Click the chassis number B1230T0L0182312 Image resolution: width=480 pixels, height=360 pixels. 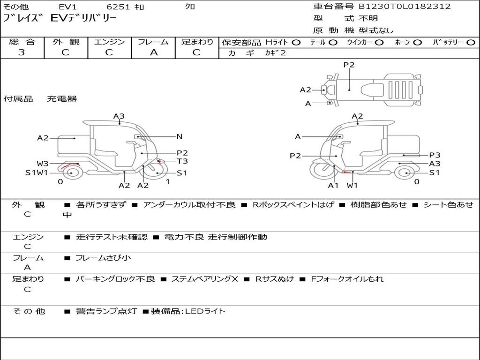coord(405,7)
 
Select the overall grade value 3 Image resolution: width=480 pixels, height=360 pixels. coord(22,52)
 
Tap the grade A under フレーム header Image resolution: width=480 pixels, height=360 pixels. coord(153,52)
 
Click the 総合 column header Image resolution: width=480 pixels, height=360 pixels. coord(22,42)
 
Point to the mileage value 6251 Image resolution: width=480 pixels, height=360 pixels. coord(119,7)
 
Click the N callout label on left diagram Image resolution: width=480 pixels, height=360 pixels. coord(179,137)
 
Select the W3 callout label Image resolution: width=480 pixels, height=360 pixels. coord(43,164)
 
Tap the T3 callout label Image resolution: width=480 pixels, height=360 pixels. coord(182,161)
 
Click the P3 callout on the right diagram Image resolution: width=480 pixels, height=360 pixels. coord(435,155)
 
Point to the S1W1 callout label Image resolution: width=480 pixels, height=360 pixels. coord(37,173)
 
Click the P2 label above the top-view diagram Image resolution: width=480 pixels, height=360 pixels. coord(349,65)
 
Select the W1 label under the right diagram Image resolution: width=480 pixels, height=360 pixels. coord(352,185)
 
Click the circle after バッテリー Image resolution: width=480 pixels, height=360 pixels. coord(471,42)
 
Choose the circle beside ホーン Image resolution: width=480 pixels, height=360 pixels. coord(417,42)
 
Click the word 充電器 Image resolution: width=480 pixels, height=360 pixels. coord(61,99)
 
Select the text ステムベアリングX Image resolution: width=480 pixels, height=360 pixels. coord(204,279)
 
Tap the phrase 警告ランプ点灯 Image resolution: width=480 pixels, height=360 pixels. coord(106,311)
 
